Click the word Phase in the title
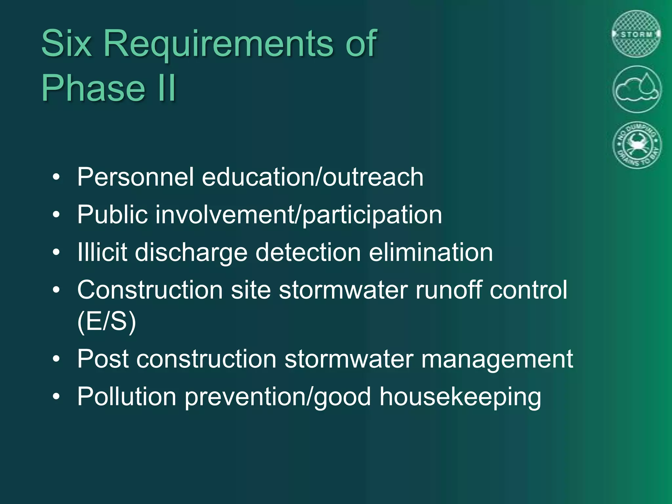tap(93, 88)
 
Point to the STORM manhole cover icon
tap(636, 34)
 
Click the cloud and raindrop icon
tap(637, 89)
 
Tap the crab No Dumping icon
tap(637, 145)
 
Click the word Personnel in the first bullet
tap(136, 177)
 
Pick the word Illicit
tap(102, 252)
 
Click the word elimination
tap(431, 252)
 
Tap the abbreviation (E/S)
tap(107, 322)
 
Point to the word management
tap(497, 359)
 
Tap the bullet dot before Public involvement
tap(56, 215)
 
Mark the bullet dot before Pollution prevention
tap(56, 397)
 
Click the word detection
tap(308, 252)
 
